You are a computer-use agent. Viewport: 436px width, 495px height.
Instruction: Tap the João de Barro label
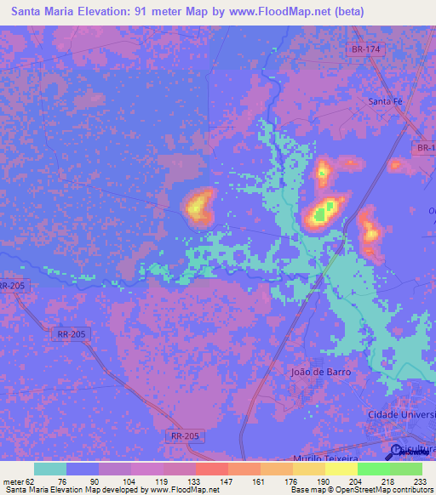(x=320, y=372)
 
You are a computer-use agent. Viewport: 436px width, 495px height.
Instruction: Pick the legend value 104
(x=129, y=481)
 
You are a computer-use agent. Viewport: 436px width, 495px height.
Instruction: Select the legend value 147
(x=227, y=481)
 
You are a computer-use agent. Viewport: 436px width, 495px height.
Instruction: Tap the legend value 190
(x=324, y=481)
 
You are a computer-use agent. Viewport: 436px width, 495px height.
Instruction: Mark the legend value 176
(x=292, y=481)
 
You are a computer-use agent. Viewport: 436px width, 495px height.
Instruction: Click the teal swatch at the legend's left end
(x=49, y=469)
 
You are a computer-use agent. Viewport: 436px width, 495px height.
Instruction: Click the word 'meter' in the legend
(x=13, y=481)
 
